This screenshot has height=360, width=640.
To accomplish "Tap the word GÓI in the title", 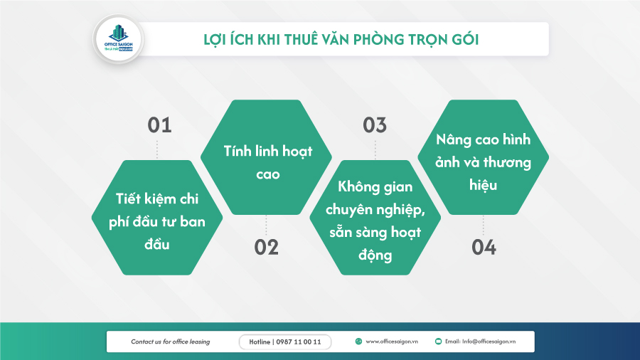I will coord(464,40).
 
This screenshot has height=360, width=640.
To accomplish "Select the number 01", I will coord(160,125).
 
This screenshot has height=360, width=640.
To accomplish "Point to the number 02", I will coord(267,247).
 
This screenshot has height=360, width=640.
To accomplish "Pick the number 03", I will coord(375,125).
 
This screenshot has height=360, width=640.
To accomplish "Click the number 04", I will coord(484,247).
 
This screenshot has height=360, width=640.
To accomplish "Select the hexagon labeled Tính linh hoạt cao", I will coord(267,158).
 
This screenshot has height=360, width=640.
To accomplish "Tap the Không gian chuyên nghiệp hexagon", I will coord(375,218).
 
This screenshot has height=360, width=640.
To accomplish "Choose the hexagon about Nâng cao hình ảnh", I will coord(484,158).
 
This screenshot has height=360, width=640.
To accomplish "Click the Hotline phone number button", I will coord(285,342).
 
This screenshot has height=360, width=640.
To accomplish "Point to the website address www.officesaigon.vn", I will coord(392,342).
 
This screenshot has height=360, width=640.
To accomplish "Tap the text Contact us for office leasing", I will coord(171,342).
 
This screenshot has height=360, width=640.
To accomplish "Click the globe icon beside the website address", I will coord(359,342).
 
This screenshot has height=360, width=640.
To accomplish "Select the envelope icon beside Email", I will coord(439,342).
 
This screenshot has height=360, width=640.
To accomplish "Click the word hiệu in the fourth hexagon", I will coord(484,185).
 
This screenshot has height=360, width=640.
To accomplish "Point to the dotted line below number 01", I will coord(157,149).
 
